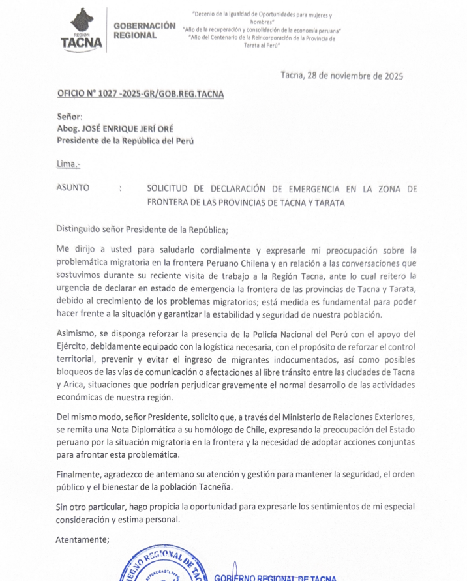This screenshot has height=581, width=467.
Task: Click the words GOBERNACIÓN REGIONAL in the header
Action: pyautogui.click(x=144, y=30)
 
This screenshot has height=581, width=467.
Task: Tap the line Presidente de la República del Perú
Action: pyautogui.click(x=125, y=140)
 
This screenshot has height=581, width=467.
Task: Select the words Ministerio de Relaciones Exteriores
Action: pyautogui.click(x=339, y=417)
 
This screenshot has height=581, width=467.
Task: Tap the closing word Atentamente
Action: pyautogui.click(x=82, y=539)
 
